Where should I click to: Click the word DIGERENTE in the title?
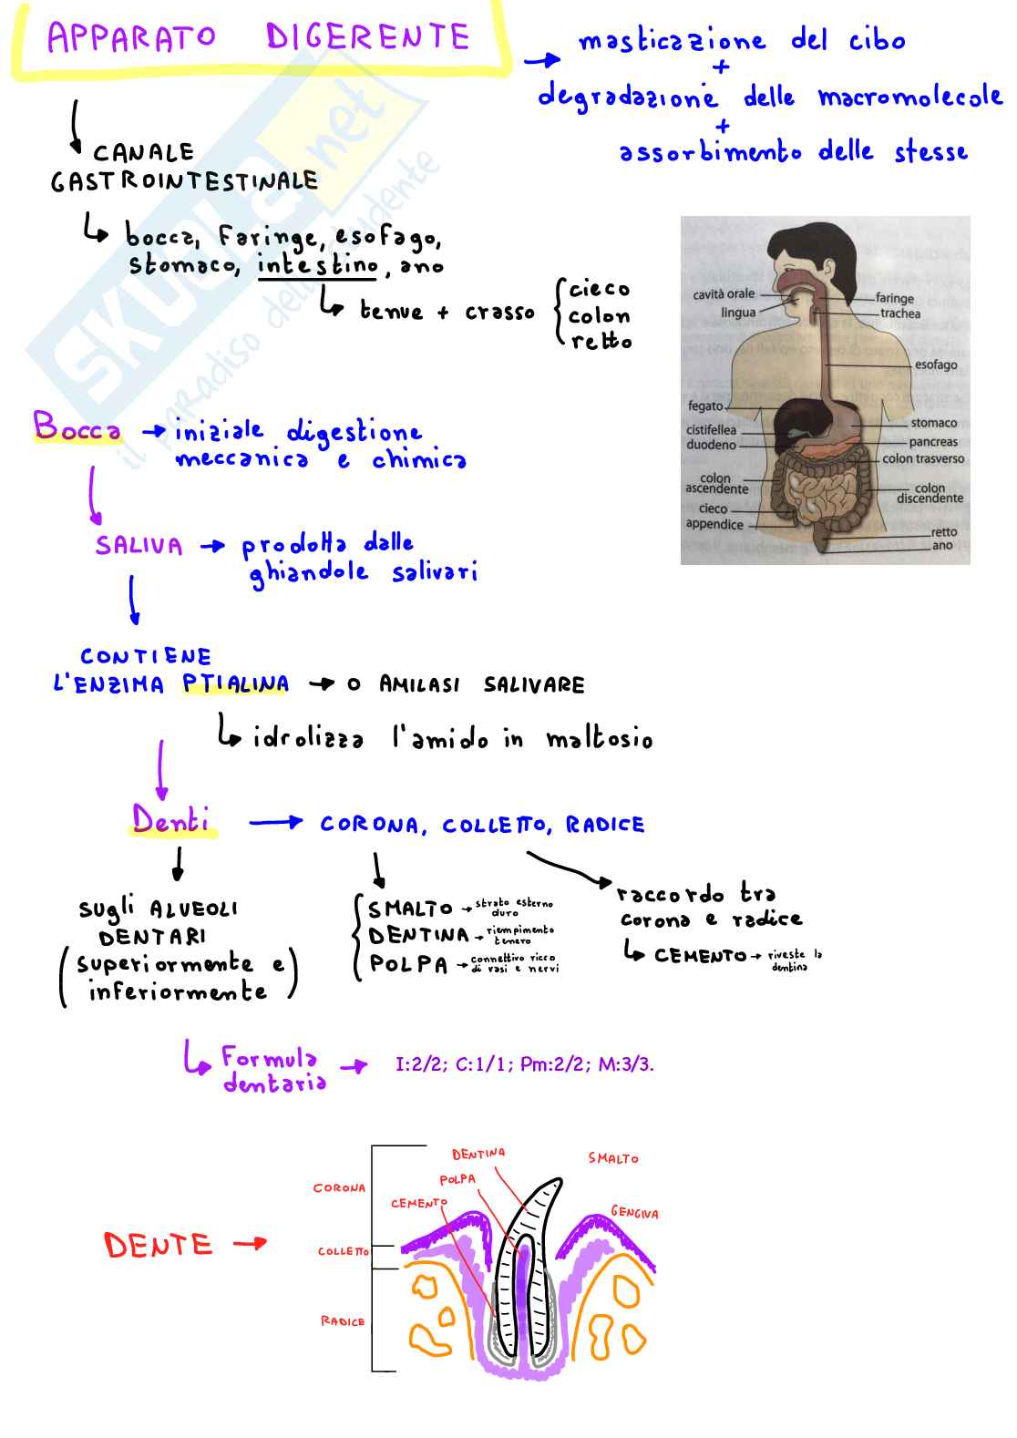pos(367,37)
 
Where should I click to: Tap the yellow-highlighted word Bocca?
pos(77,427)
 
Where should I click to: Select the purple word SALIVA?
pos(139,546)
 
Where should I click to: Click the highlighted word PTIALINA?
pos(235,683)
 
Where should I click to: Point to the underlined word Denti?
pos(170,820)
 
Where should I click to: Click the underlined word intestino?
pos(317,265)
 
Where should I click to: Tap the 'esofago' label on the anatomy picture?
pos(935,365)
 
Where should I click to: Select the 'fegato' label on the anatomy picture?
pos(705,406)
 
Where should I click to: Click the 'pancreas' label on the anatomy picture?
pos(932,442)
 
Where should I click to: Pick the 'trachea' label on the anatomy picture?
pos(899,313)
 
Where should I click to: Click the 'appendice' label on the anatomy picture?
pos(714,524)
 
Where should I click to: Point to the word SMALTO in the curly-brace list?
pos(410,909)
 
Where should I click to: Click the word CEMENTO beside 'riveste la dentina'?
pos(699,955)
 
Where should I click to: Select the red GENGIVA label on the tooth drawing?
pos(634,1212)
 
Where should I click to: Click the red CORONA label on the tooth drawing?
pos(339,1188)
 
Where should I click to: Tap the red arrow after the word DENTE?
pos(250,1243)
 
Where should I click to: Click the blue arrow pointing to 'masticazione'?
pos(542,60)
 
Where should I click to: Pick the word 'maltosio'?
pos(599,739)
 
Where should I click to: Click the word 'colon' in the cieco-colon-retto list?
pos(599,316)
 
